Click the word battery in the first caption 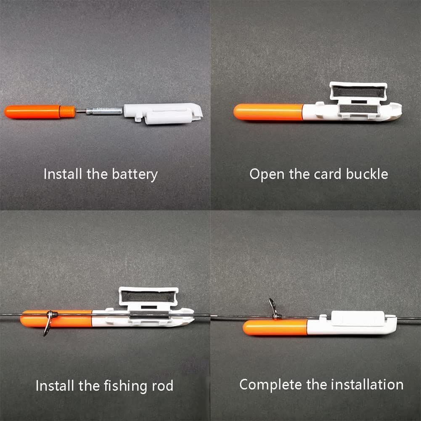[x=135, y=175]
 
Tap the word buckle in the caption [x=367, y=174]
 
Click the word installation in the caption [x=367, y=384]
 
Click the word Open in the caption [x=267, y=175]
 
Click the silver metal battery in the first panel [x=104, y=111]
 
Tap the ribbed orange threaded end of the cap [x=67, y=112]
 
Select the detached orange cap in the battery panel [x=40, y=112]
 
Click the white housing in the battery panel [x=163, y=113]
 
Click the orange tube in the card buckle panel [x=268, y=112]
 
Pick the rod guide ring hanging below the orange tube [x=48, y=323]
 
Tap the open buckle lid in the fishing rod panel [x=148, y=296]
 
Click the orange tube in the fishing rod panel [x=56, y=319]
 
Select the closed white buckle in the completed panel [x=354, y=318]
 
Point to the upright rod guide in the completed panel [x=274, y=309]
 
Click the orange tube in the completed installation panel [x=275, y=328]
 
